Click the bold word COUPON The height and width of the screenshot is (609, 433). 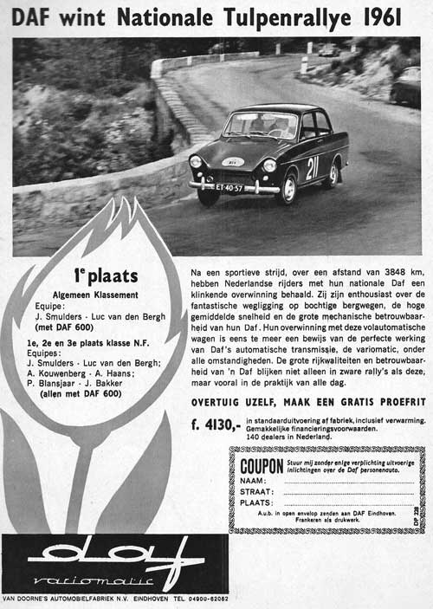[262, 465]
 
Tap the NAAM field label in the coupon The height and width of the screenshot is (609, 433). [253, 480]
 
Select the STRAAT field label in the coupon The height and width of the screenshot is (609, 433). [257, 491]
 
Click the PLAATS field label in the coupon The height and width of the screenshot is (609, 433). [257, 502]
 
